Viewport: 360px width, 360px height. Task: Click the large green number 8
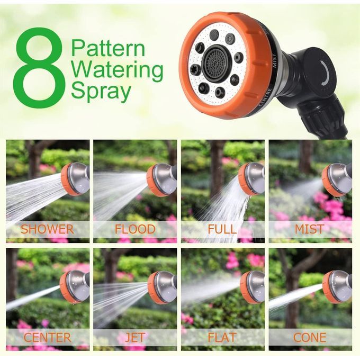point(40,68)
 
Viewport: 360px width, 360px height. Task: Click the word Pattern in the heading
point(108,48)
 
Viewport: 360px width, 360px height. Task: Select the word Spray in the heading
point(101,92)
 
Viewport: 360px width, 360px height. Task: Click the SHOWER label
point(47,229)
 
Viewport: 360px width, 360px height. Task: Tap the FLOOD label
point(135,229)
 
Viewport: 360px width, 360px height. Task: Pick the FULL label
point(222,229)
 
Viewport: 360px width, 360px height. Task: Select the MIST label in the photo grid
point(310,229)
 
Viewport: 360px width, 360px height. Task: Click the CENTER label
point(47,338)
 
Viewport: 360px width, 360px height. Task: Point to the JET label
point(135,338)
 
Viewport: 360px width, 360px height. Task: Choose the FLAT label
point(222,338)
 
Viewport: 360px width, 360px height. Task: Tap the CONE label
point(310,338)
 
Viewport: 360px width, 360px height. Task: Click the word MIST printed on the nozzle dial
point(275,60)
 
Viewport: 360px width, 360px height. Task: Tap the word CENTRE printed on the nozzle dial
point(265,97)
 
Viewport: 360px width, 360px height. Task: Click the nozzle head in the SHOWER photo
point(75,179)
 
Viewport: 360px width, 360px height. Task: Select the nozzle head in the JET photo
point(162,287)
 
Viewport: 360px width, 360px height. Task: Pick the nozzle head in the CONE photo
point(337,287)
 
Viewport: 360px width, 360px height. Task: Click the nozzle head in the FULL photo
point(251,179)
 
